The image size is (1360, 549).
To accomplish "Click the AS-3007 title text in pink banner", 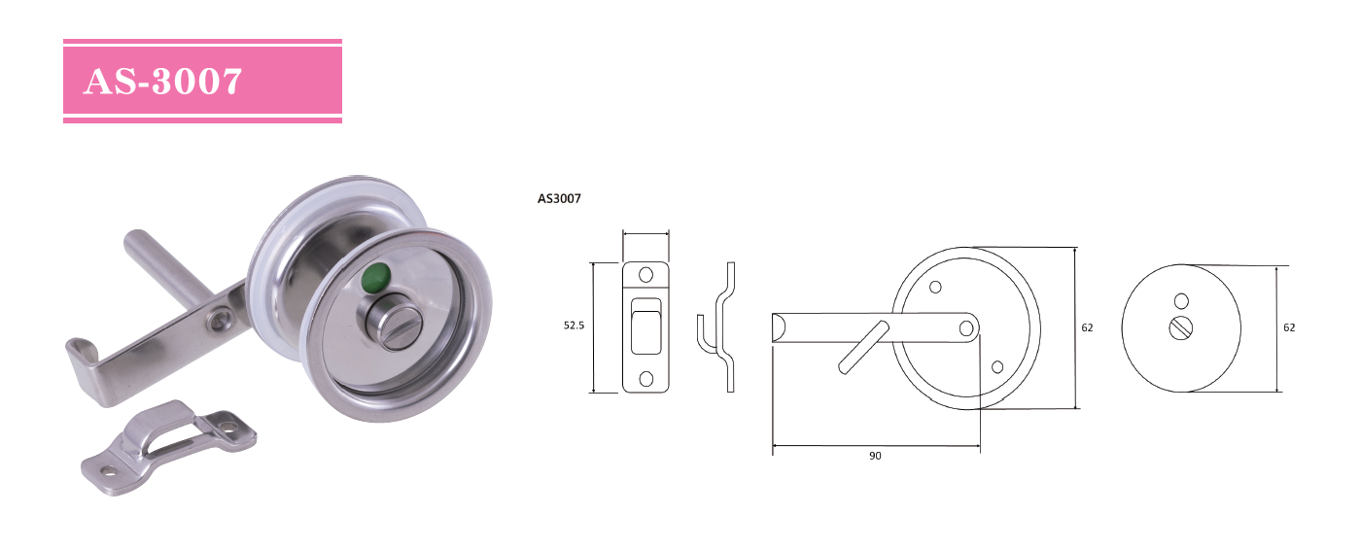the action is click(x=162, y=81).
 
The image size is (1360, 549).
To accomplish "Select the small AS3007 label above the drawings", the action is click(x=559, y=198).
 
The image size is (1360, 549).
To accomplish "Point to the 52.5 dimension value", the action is click(x=574, y=326).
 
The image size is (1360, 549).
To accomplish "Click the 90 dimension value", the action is click(x=875, y=456).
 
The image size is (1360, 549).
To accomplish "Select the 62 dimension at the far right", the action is click(x=1289, y=327).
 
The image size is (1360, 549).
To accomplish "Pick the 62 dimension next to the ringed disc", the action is click(x=1087, y=327).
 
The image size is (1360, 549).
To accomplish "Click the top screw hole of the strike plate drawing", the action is click(x=646, y=275).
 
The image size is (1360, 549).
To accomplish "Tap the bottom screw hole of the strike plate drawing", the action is click(x=646, y=379).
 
